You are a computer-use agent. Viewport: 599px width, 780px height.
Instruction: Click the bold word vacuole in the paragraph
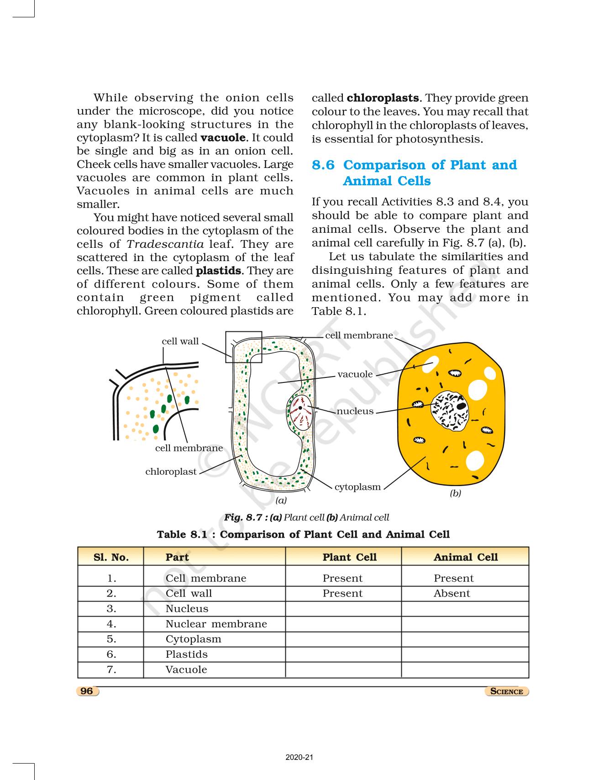coord(223,138)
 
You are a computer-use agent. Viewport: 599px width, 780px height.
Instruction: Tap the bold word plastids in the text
coord(218,271)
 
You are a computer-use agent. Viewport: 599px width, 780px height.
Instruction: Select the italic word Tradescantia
coord(165,244)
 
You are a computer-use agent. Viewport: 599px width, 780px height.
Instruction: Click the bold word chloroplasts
coord(383,98)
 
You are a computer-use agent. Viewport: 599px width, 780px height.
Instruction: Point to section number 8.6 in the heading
coord(323,165)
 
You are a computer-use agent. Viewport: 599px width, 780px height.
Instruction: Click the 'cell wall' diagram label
coord(180,341)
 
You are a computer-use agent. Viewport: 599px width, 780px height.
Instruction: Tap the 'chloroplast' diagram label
coord(171,471)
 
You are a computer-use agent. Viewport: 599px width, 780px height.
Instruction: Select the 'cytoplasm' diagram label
coord(357,487)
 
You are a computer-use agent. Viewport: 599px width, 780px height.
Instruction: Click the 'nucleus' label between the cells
coord(355,411)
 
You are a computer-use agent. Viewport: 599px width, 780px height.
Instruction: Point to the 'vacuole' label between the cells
coord(355,374)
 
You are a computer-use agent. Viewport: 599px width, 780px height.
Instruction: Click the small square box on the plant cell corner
coord(244,347)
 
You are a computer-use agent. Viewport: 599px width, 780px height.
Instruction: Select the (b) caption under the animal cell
coord(455,493)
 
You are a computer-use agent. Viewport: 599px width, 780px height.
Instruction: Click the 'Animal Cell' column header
coord(465,557)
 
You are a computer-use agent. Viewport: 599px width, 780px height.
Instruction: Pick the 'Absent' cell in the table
coord(452,593)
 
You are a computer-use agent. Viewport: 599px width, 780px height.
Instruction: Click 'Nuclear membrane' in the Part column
coord(216,624)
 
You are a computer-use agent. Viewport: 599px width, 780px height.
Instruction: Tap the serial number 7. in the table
coord(111,670)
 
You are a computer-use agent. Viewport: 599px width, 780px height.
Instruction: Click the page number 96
coord(87,691)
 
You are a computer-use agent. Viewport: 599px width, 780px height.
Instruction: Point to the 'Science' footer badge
coord(506,691)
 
